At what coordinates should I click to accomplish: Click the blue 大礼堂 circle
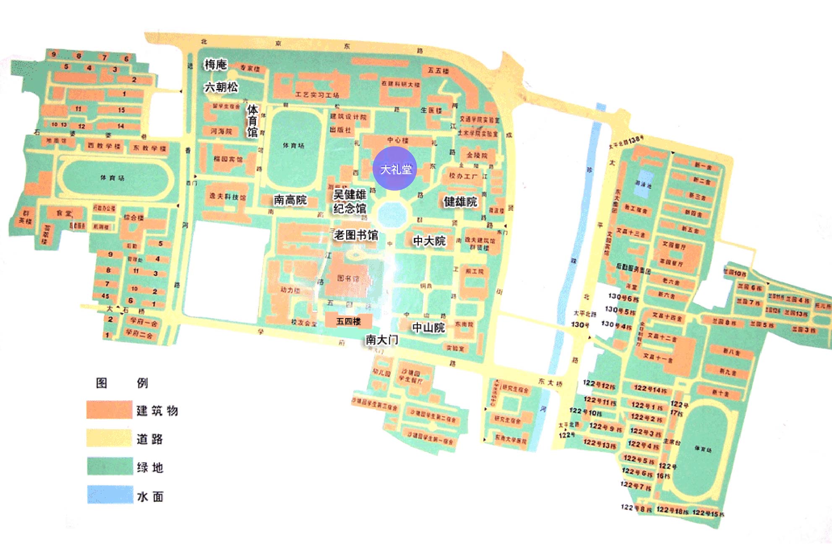394,169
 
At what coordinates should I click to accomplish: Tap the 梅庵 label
215,64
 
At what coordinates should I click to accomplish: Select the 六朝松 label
221,87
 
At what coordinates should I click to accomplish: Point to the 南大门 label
381,339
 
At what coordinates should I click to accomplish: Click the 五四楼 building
349,321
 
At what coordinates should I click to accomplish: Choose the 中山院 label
428,327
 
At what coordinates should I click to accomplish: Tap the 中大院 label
429,241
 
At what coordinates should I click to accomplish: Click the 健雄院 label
460,202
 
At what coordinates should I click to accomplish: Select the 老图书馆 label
356,235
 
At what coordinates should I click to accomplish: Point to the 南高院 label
290,200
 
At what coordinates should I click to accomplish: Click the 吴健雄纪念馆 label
349,201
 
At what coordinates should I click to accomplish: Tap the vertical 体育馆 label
252,121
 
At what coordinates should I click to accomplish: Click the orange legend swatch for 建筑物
110,410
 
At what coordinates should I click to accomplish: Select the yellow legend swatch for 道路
110,438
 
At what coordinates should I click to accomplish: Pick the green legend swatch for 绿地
110,466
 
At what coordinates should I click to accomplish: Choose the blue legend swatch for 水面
110,495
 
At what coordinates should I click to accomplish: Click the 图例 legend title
122,383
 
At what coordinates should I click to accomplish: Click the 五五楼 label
438,70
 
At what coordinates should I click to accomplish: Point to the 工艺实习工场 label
317,95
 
